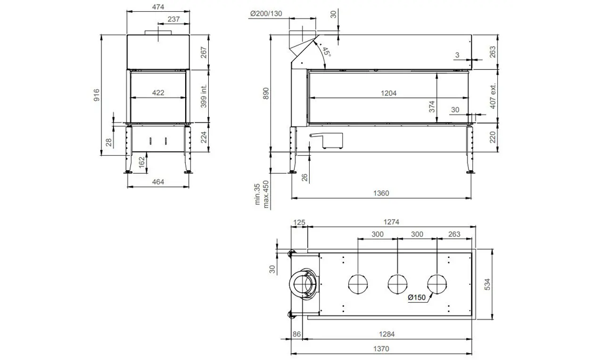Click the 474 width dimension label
pyautogui.click(x=158, y=6)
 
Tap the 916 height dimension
pyautogui.click(x=97, y=95)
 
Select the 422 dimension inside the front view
pyautogui.click(x=158, y=93)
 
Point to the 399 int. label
pyautogui.click(x=204, y=96)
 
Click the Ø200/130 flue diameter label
pyautogui.click(x=266, y=14)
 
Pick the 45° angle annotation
pyautogui.click(x=326, y=52)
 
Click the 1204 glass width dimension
pyautogui.click(x=388, y=93)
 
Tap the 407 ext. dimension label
pyautogui.click(x=493, y=96)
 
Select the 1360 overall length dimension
pyautogui.click(x=381, y=193)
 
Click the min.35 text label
pyautogui.click(x=257, y=194)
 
